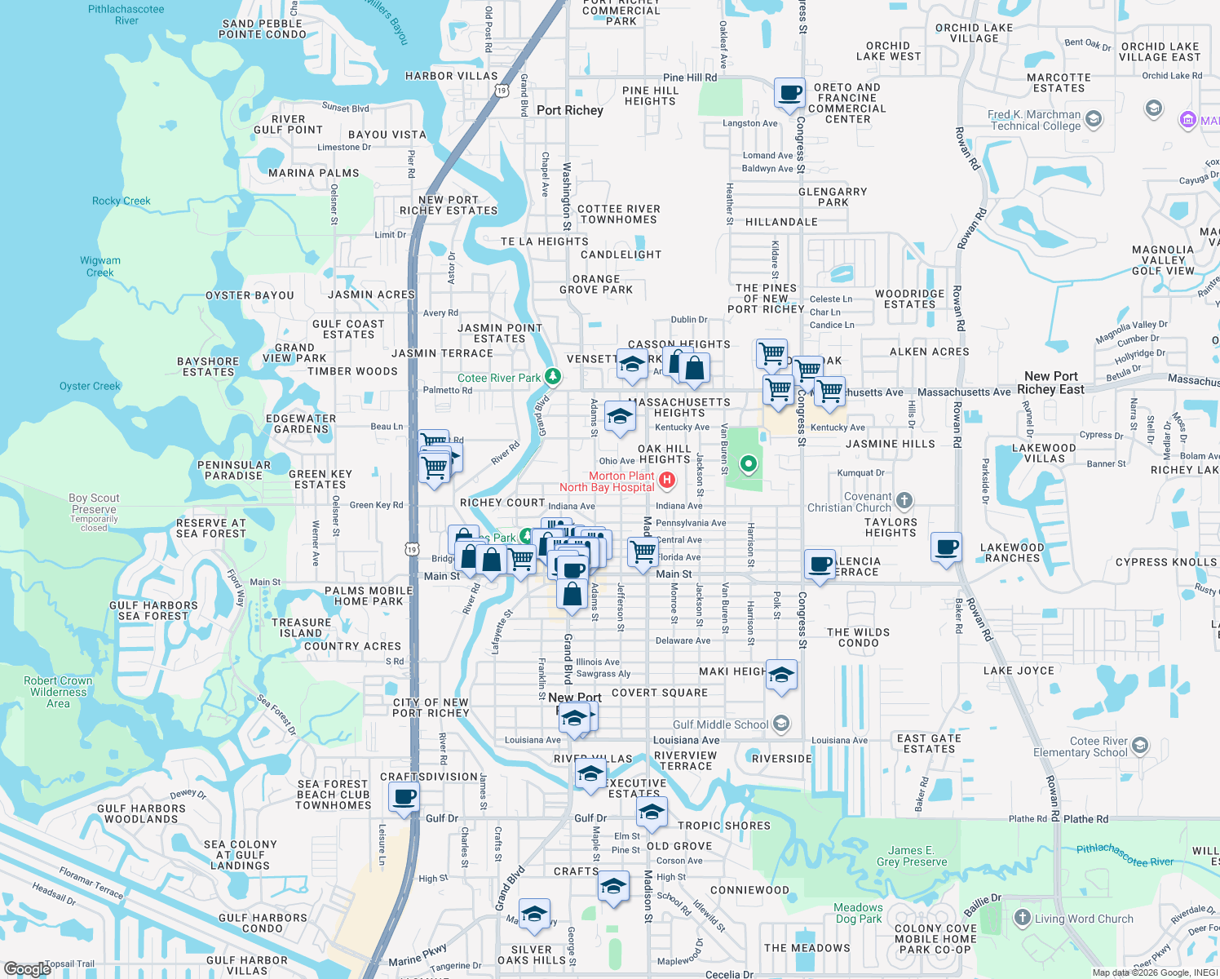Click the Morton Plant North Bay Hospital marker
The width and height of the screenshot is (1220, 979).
[x=667, y=480]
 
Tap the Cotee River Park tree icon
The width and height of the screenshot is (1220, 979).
[x=553, y=376]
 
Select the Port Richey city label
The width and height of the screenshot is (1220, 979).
[x=569, y=110]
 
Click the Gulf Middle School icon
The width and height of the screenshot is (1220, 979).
[x=781, y=724]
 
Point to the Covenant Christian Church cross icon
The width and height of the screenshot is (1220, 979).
[x=904, y=500]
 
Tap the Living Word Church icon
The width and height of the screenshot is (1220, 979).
[x=1022, y=918]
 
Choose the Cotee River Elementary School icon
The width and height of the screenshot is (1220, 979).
[x=1140, y=745]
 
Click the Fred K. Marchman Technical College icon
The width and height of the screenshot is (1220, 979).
[x=1094, y=119]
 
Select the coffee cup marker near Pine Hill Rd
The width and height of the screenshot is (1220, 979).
[x=789, y=93]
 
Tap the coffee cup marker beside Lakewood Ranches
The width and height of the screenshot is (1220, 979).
[x=947, y=547]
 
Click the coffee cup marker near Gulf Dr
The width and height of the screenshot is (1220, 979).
[x=404, y=796]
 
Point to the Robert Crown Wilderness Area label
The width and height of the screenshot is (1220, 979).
[x=58, y=692]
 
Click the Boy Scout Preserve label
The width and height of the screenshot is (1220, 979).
[x=94, y=503]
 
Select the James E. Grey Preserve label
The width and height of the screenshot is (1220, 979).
[x=911, y=856]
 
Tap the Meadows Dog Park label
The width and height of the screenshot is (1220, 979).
[x=858, y=913]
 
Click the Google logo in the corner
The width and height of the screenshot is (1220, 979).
[x=27, y=968]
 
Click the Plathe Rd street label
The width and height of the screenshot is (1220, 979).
[x=1085, y=819]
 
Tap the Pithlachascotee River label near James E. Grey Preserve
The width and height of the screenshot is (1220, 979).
[x=1125, y=856]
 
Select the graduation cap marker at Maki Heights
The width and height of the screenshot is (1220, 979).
[x=781, y=675]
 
